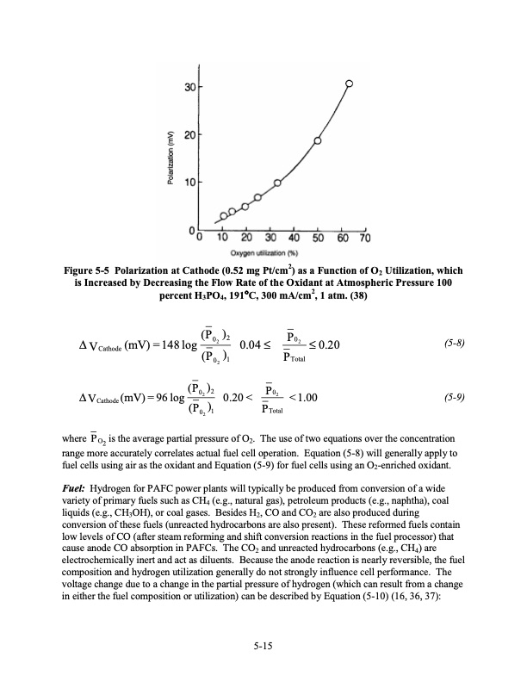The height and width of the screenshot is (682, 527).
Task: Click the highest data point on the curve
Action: [349, 84]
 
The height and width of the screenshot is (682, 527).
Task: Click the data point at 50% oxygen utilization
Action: [318, 141]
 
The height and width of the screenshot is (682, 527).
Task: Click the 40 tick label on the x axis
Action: [294, 238]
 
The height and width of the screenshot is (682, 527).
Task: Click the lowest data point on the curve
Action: [224, 215]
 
